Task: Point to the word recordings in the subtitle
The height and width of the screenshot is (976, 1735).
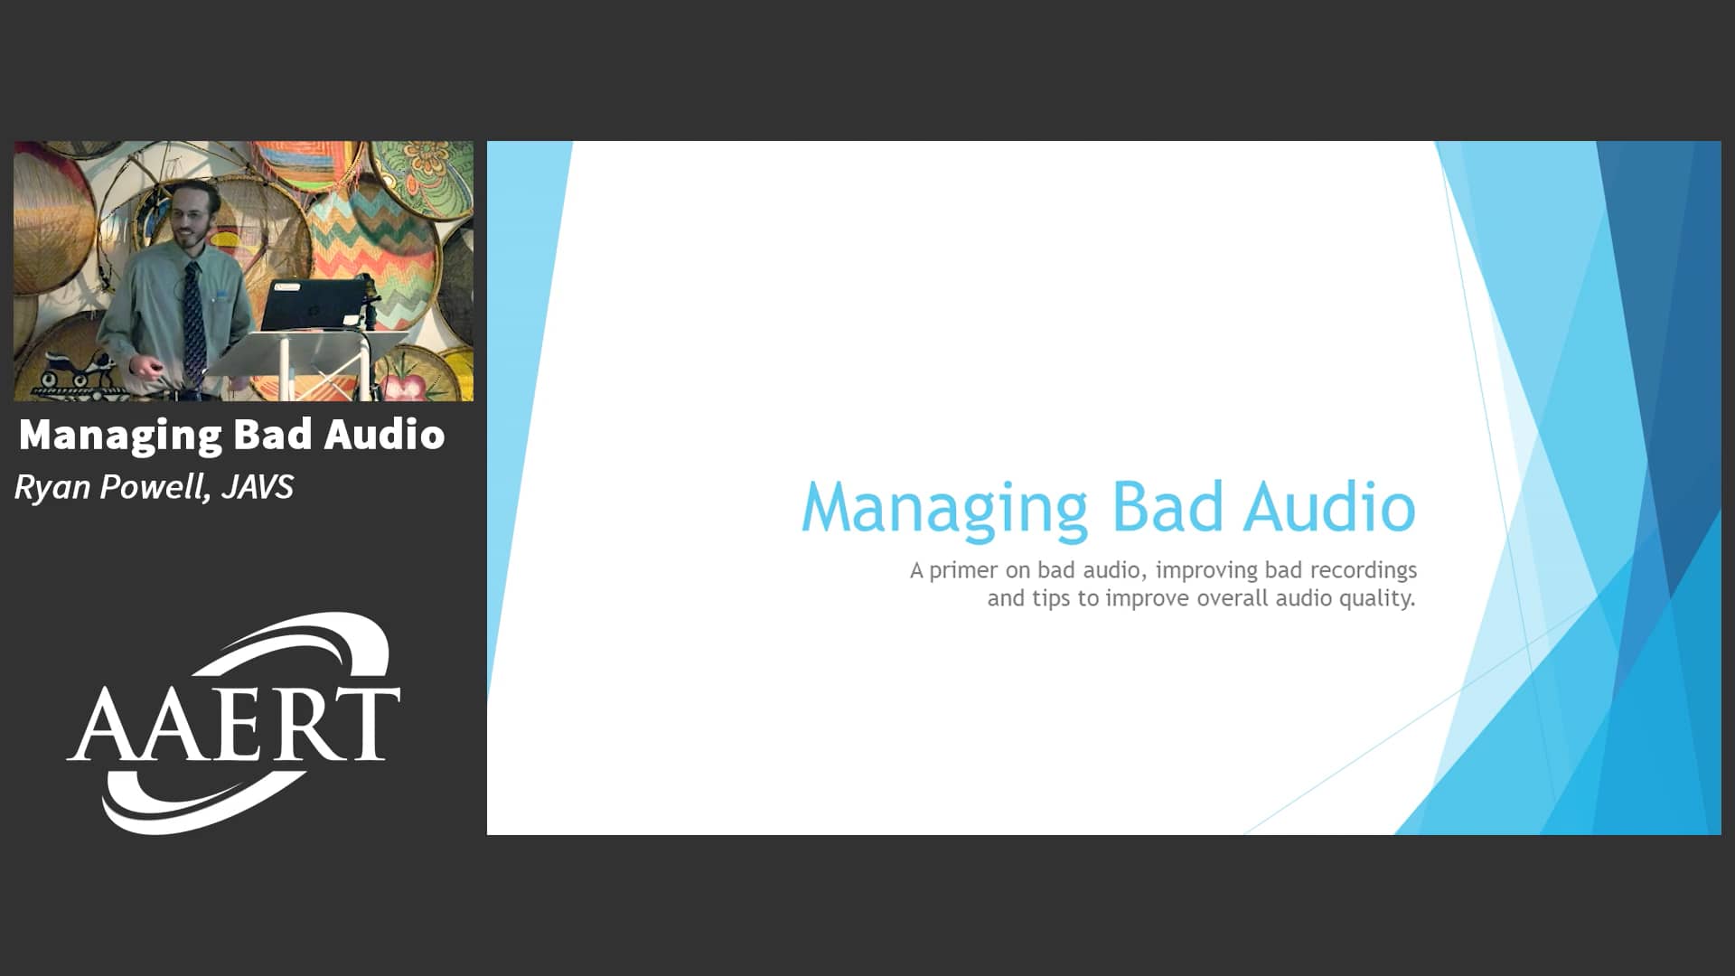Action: tap(1363, 571)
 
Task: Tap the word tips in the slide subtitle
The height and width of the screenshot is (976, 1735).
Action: tap(1051, 599)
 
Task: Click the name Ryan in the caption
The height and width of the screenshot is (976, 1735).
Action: tap(52, 488)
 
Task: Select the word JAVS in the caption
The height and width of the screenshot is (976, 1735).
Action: tap(258, 487)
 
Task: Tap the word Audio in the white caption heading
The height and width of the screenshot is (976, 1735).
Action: tap(385, 435)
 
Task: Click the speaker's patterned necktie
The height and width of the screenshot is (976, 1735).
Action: tap(193, 321)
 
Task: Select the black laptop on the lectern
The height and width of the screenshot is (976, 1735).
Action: tap(312, 304)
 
